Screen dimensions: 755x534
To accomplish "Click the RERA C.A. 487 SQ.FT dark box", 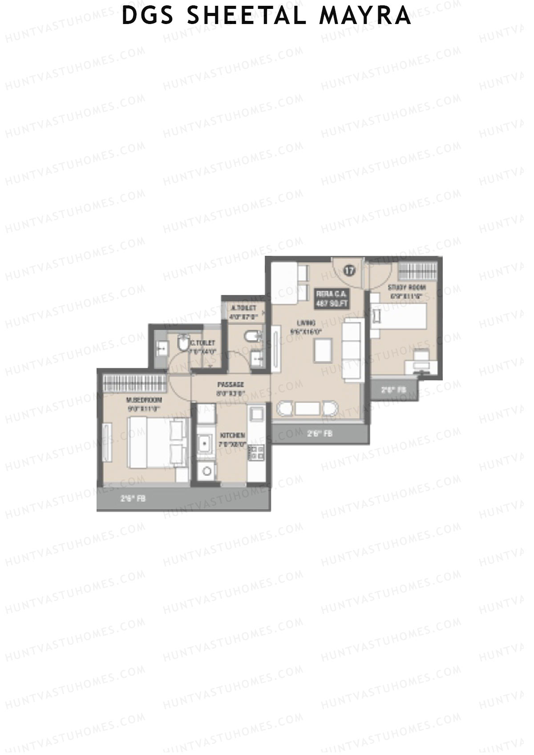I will click(x=332, y=299).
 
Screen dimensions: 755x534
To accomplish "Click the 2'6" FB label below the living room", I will click(x=320, y=433).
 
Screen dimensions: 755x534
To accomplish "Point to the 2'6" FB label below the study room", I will click(x=394, y=390).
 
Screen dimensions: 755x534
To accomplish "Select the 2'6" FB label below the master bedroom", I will click(x=133, y=499).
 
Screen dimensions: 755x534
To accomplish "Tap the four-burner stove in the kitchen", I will click(x=256, y=452).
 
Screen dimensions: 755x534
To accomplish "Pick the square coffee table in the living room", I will click(x=323, y=350).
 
